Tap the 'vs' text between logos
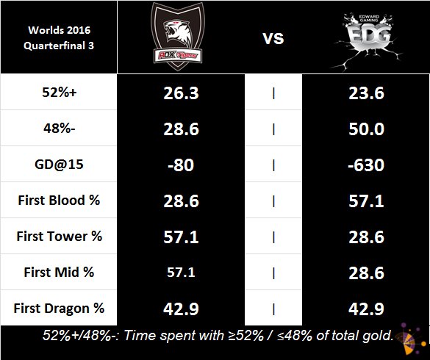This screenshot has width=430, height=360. tap(273, 37)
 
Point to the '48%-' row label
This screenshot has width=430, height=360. tap(59, 129)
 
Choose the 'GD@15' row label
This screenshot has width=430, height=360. tap(59, 165)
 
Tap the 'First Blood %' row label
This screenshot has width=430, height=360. tap(59, 201)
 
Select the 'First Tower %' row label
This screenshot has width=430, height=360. tap(59, 236)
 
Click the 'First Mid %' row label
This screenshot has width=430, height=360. tap(59, 272)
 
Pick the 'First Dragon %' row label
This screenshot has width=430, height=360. tap(59, 307)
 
